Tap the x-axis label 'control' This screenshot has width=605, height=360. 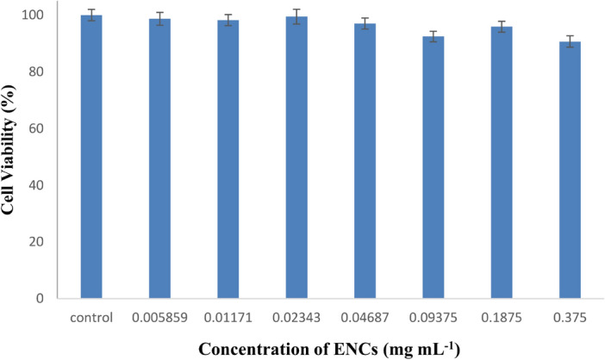(x=91, y=317)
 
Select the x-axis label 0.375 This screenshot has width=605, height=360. (x=571, y=317)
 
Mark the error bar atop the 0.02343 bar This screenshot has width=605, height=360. (x=296, y=16)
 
